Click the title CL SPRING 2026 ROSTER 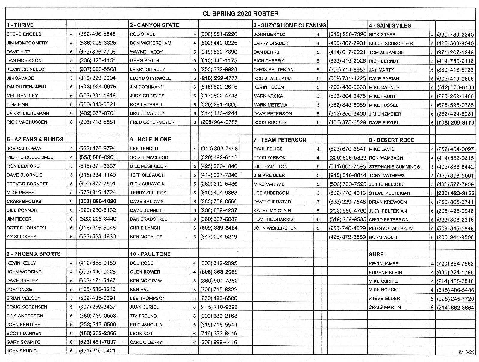(240, 13)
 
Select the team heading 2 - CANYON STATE (154, 25)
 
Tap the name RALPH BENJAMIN (26, 87)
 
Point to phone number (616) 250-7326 (347, 34)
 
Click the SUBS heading (376, 255)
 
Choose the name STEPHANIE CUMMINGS (394, 167)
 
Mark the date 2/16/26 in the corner (466, 352)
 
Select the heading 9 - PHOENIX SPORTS (34, 254)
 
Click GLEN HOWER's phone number (219, 272)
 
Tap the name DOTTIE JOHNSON (26, 228)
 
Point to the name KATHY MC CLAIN (272, 210)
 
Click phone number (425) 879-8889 (347, 237)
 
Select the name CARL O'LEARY (146, 342)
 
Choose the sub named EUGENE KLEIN (385, 272)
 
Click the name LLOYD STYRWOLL (150, 78)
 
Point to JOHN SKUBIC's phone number (97, 351)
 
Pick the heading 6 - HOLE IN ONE (150, 140)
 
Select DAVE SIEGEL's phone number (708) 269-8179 (455, 123)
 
